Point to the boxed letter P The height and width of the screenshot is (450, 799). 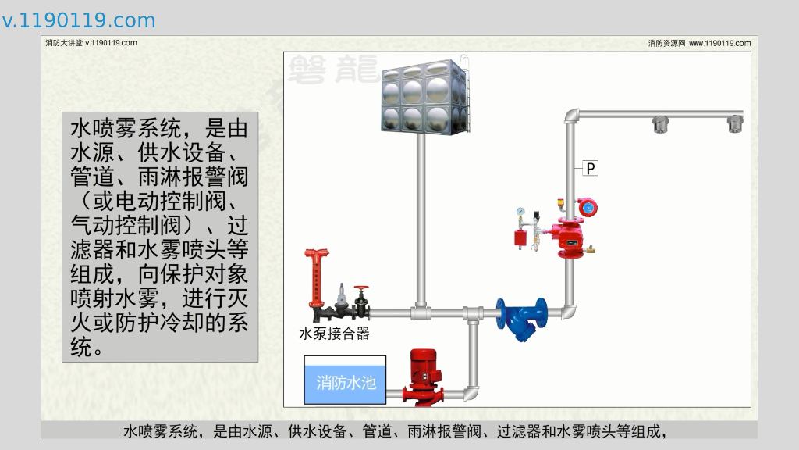click(x=591, y=168)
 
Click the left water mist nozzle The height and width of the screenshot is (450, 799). click(x=661, y=123)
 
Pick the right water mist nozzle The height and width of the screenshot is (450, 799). click(x=735, y=123)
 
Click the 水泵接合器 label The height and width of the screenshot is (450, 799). click(x=334, y=334)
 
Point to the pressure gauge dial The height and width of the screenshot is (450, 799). click(x=520, y=211)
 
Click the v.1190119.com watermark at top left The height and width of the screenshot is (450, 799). click(x=79, y=20)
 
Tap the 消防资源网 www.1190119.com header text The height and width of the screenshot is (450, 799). click(x=699, y=44)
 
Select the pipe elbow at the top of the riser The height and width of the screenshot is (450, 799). click(x=571, y=117)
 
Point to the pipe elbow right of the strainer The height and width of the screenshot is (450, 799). click(x=570, y=312)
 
